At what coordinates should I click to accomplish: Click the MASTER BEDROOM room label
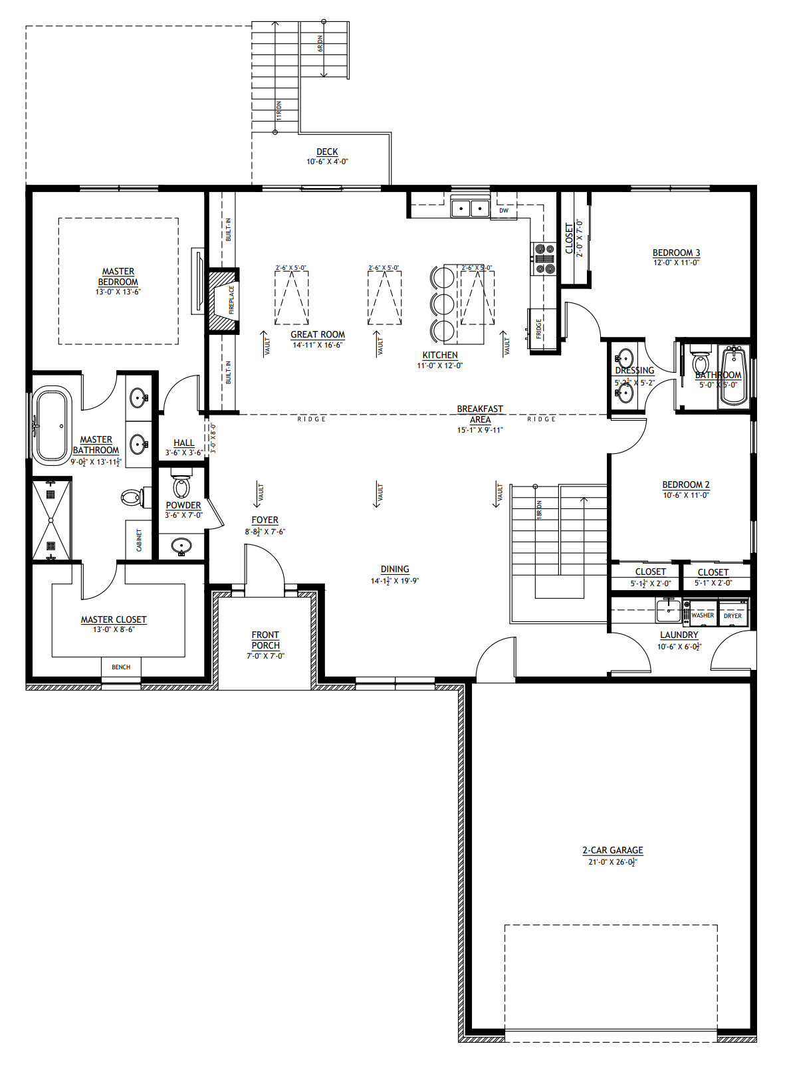(118, 276)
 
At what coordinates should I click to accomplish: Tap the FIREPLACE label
(232, 299)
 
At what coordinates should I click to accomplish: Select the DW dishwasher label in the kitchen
(504, 211)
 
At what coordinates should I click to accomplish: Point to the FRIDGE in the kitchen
(540, 329)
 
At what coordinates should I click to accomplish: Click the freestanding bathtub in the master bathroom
(52, 426)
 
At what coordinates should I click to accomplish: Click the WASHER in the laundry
(703, 615)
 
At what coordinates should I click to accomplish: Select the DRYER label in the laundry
(732, 615)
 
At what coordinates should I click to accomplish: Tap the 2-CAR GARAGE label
(613, 850)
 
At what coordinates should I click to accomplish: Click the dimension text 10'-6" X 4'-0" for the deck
(327, 161)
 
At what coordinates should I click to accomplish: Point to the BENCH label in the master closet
(121, 667)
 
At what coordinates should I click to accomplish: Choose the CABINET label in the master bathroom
(139, 540)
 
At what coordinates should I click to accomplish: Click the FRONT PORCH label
(265, 640)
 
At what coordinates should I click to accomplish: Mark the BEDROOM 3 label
(676, 253)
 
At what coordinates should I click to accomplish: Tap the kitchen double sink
(471, 208)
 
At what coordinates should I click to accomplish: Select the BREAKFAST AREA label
(480, 414)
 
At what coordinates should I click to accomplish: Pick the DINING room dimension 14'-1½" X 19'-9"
(395, 581)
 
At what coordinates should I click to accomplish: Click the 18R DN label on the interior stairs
(539, 509)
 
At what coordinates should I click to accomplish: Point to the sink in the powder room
(181, 547)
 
